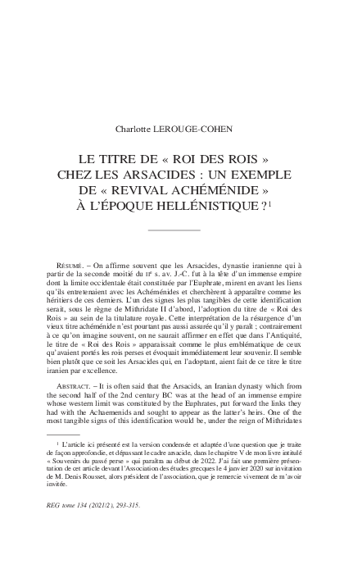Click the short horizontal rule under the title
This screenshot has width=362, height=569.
coord(174,230)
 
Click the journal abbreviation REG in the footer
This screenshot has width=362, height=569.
coord(53,505)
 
